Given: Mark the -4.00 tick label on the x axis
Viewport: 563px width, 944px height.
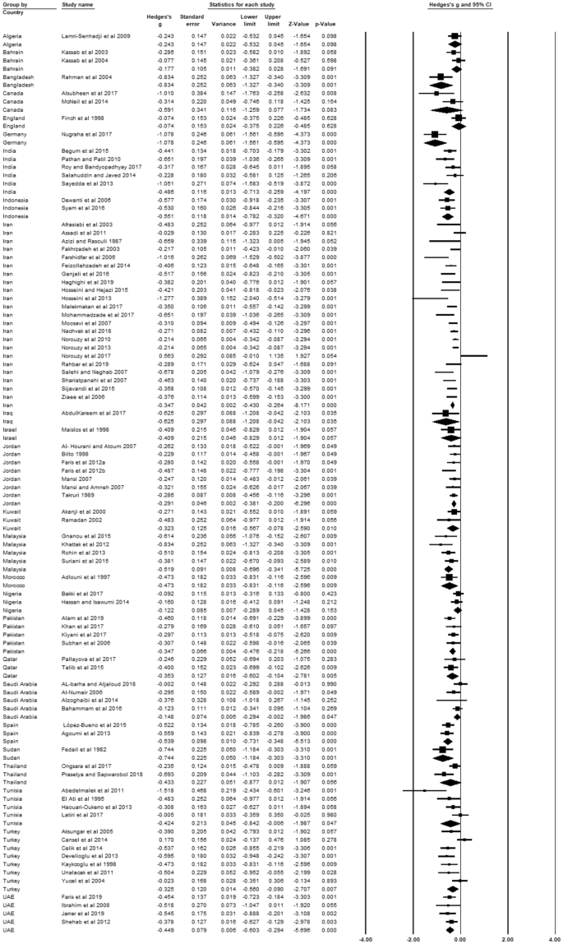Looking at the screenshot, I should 361,938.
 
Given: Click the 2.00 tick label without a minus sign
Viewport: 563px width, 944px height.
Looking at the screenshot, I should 508,938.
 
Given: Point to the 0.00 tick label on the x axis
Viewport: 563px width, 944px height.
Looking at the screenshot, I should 459,938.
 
